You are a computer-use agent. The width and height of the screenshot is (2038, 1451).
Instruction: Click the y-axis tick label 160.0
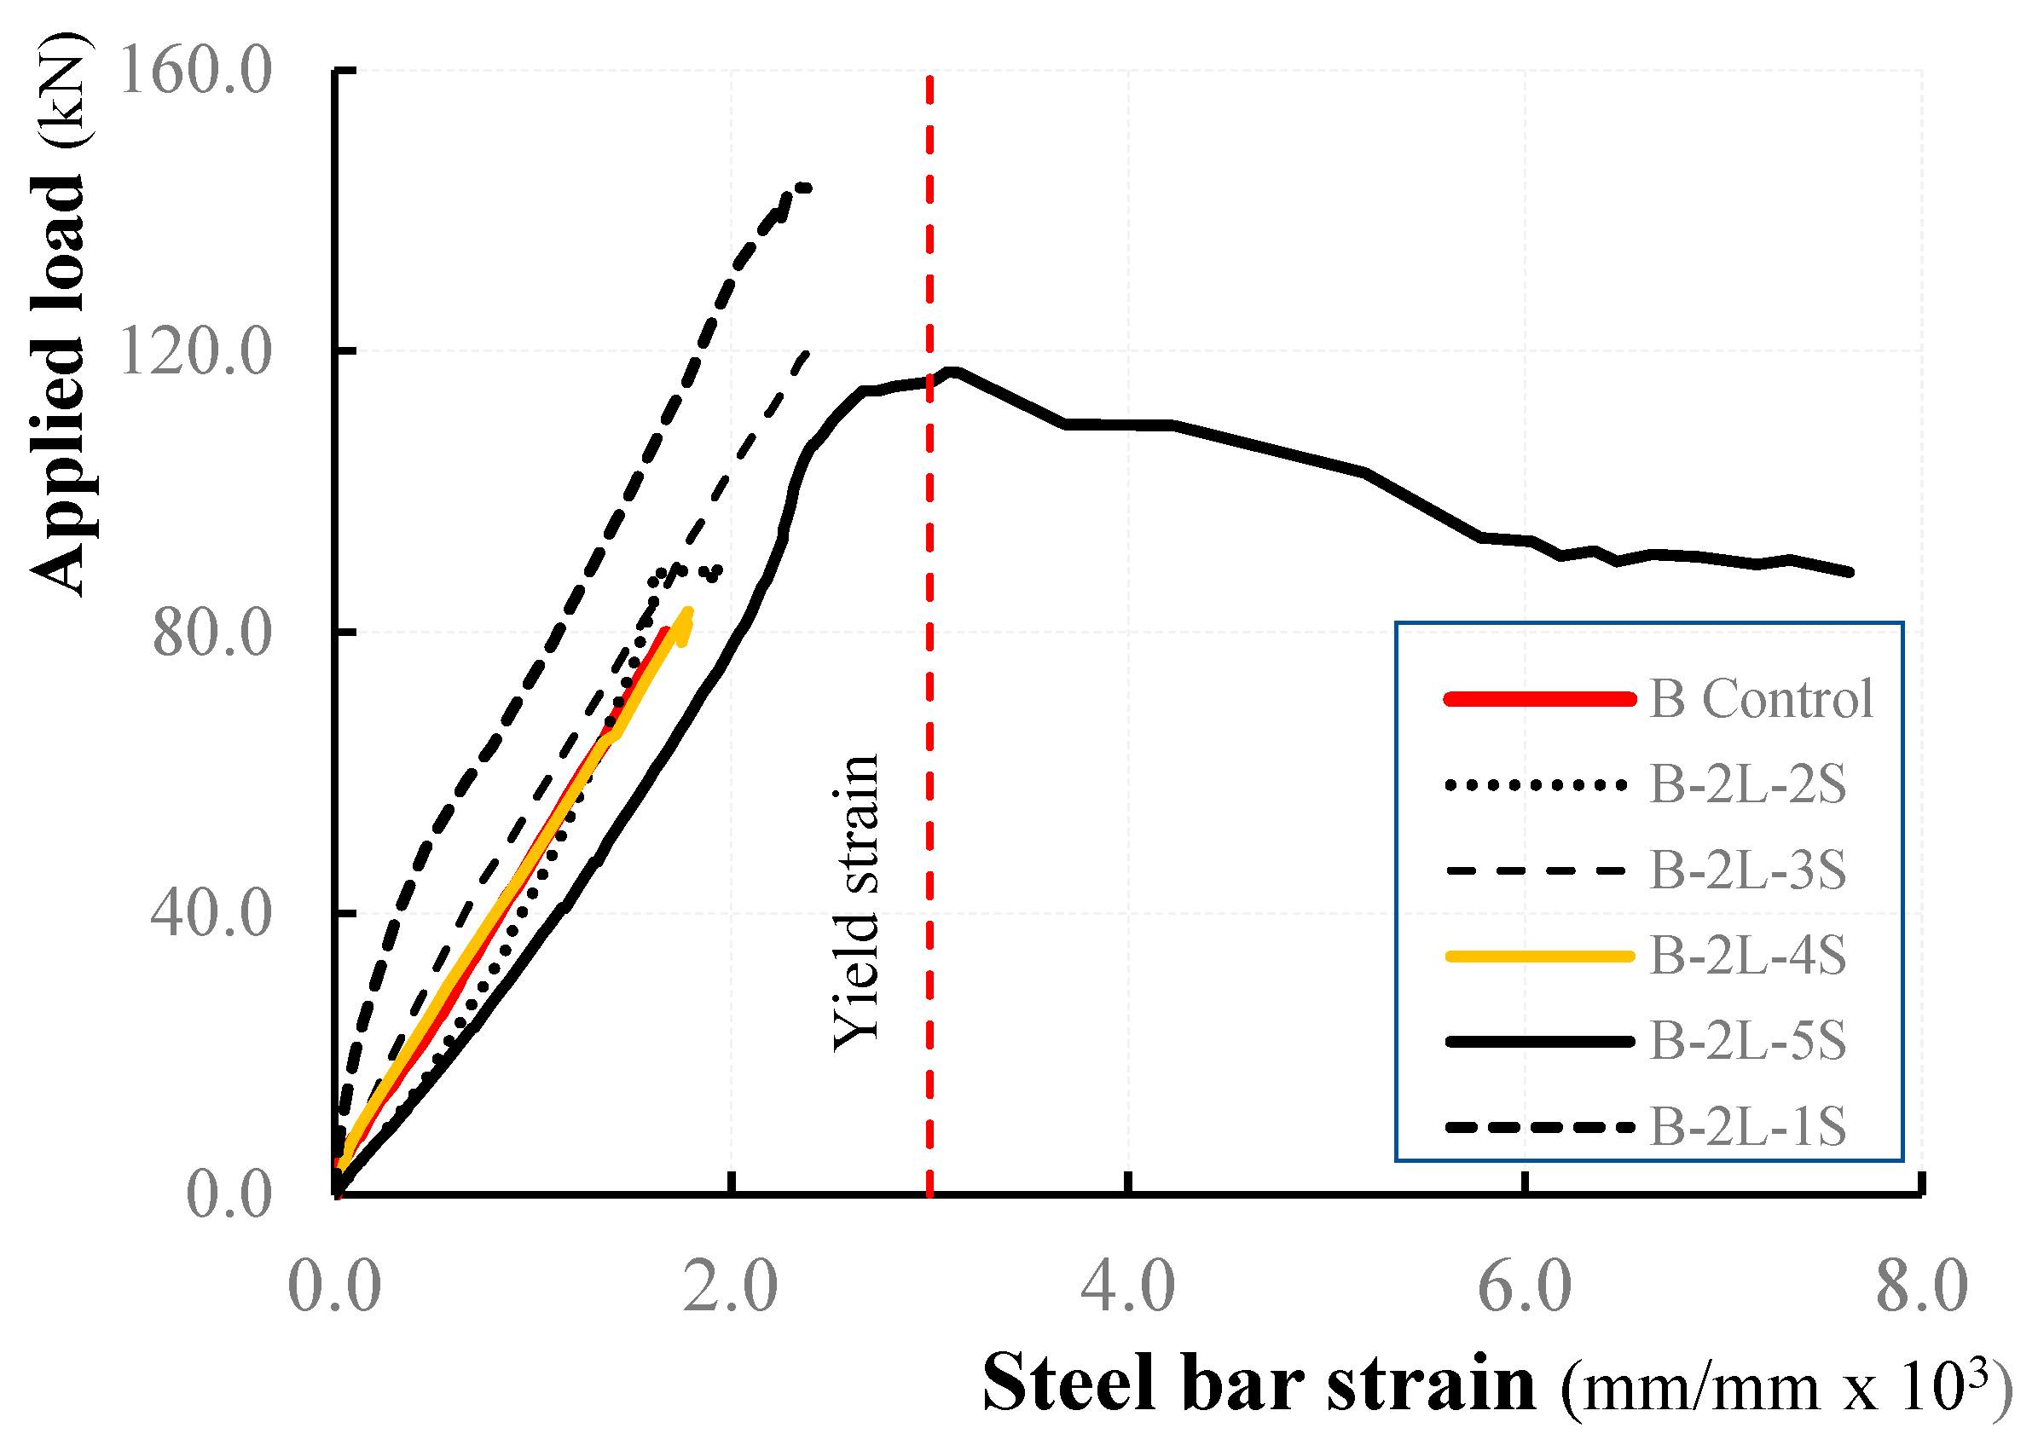(x=194, y=71)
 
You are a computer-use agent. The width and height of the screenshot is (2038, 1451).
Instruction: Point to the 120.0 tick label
(x=194, y=351)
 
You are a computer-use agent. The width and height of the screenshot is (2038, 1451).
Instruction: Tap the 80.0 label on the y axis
(x=211, y=633)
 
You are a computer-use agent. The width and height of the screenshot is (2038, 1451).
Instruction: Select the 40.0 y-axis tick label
(x=211, y=914)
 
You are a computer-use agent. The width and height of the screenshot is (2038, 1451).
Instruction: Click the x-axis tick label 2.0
(x=731, y=1286)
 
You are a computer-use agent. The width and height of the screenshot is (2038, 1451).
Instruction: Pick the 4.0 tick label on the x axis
(x=1128, y=1286)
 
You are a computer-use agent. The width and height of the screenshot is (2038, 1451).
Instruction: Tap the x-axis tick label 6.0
(x=1526, y=1286)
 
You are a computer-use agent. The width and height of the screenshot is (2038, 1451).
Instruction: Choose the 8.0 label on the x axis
(x=1922, y=1286)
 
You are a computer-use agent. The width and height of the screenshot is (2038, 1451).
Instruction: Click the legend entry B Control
(x=1761, y=698)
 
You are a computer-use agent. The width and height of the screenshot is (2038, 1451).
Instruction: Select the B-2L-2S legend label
(x=1747, y=784)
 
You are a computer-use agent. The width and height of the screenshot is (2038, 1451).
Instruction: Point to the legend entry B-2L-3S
(x=1747, y=870)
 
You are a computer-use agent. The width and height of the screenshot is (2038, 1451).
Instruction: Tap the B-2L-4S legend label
(x=1747, y=955)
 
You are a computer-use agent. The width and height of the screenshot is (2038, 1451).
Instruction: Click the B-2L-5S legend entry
(x=1747, y=1040)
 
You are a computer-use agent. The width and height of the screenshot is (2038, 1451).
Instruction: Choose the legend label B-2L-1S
(x=1747, y=1126)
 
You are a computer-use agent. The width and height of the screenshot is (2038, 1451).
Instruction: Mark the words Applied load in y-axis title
(x=59, y=384)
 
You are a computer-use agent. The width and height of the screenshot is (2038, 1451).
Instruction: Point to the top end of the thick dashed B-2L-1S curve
(x=808, y=188)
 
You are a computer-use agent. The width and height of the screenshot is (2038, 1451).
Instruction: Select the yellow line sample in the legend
(x=1538, y=956)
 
